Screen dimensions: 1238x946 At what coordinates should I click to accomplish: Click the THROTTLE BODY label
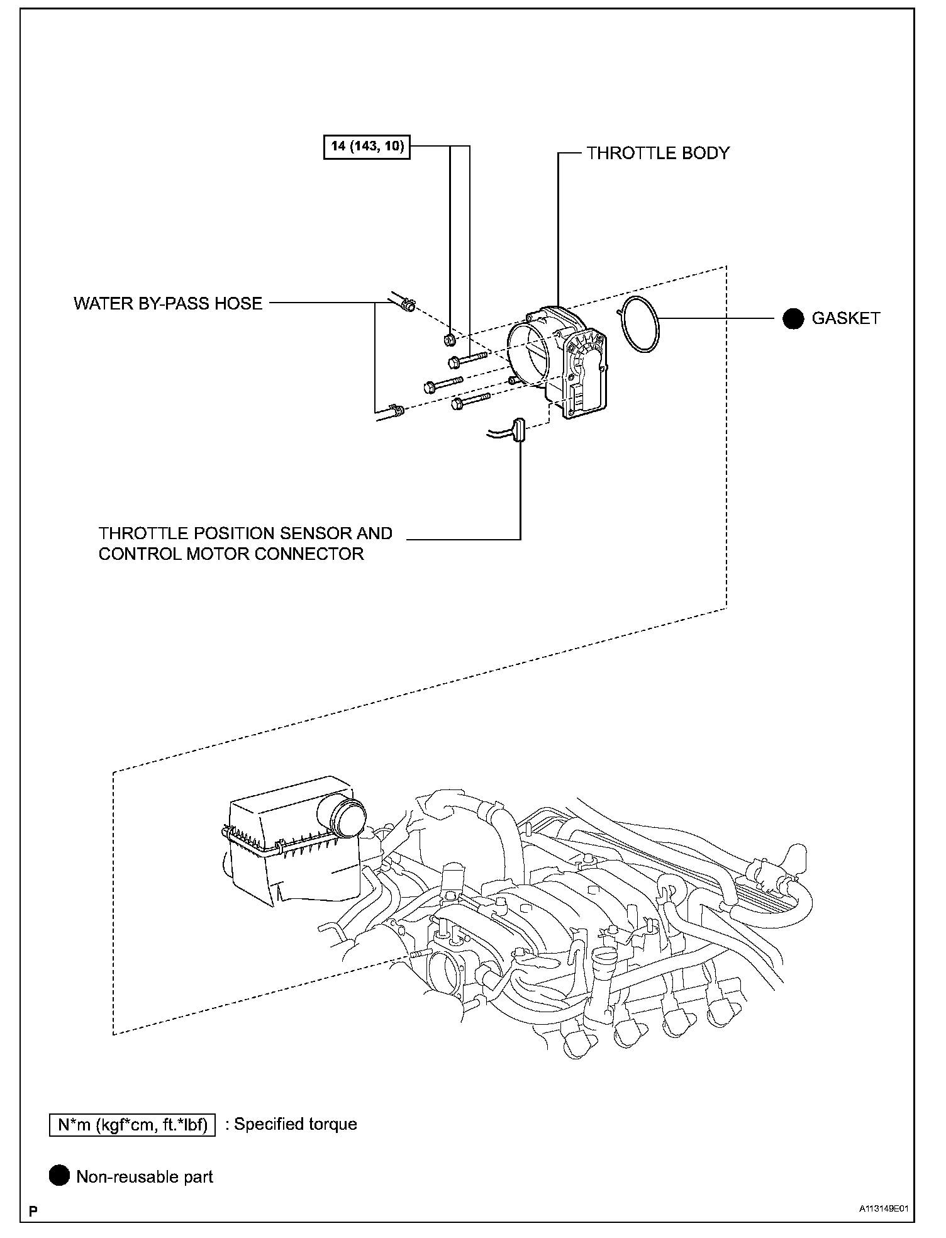click(658, 153)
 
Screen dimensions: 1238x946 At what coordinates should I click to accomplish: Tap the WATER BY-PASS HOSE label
click(167, 303)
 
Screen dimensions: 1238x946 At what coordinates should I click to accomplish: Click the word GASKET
click(846, 318)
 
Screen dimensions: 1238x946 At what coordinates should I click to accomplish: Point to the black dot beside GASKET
click(793, 319)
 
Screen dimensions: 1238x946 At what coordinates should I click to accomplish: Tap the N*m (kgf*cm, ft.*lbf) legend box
click(132, 1124)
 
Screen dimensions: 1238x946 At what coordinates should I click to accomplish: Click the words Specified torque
click(296, 1124)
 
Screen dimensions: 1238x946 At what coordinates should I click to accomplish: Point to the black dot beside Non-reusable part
click(59, 1176)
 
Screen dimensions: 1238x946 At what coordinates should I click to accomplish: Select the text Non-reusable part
click(145, 1177)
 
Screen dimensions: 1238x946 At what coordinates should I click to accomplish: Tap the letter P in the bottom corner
click(32, 1211)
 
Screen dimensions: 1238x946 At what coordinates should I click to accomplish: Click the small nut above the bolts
click(449, 340)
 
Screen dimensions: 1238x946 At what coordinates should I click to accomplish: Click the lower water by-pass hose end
click(395, 411)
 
